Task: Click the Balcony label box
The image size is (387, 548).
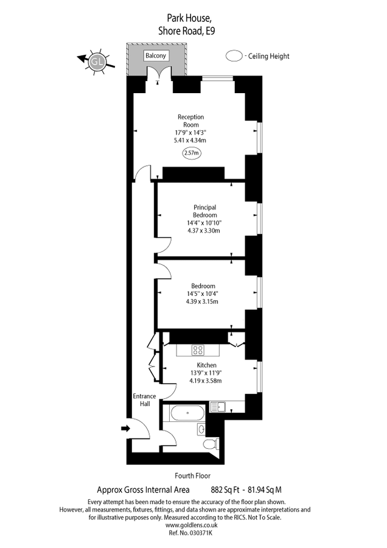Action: click(155, 55)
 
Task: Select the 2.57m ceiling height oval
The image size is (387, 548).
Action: click(192, 153)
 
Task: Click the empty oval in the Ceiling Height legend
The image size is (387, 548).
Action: click(234, 56)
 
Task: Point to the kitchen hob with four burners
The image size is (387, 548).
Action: click(198, 350)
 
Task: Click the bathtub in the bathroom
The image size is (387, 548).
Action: click(187, 413)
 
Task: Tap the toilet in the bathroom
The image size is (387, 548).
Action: click(211, 444)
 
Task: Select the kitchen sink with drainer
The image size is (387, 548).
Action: click(218, 407)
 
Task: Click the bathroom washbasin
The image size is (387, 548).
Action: click(201, 429)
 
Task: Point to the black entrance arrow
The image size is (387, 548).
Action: click(125, 428)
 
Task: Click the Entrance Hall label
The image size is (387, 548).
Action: click(144, 400)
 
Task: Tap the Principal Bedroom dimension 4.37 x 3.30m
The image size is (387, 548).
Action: click(204, 231)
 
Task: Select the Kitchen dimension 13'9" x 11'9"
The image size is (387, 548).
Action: click(206, 373)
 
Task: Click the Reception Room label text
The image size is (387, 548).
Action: click(190, 121)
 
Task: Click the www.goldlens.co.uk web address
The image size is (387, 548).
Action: click(191, 525)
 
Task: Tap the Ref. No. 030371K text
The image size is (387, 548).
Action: click(190, 533)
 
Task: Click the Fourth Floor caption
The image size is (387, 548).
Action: click(193, 476)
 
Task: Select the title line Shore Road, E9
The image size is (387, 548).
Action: click(187, 31)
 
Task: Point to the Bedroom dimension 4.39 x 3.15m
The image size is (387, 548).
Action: click(202, 301)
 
